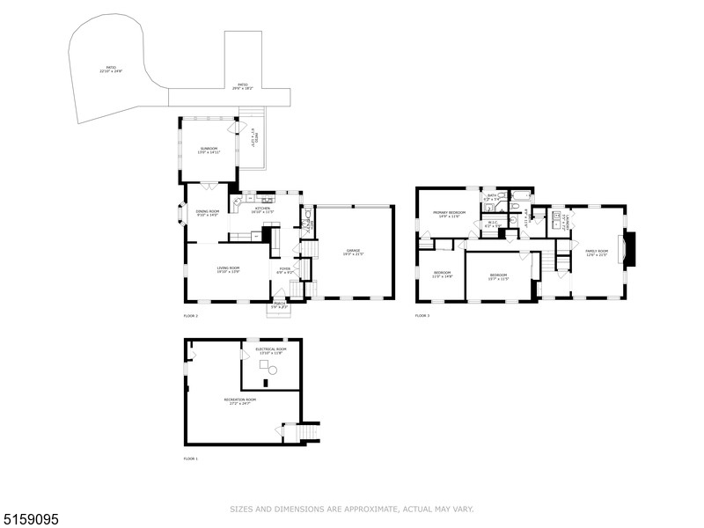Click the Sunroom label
pos(209,149)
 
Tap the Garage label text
pos(353,251)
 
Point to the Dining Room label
pos(208,211)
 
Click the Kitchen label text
pos(263,209)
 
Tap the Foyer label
pos(284,269)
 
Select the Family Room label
pos(597,252)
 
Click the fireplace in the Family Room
pos(627,250)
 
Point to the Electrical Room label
pos(270,349)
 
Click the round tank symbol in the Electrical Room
pos(273,371)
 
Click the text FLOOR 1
pos(191,459)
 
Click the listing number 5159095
pos(31,520)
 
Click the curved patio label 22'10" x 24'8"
pos(111,70)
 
